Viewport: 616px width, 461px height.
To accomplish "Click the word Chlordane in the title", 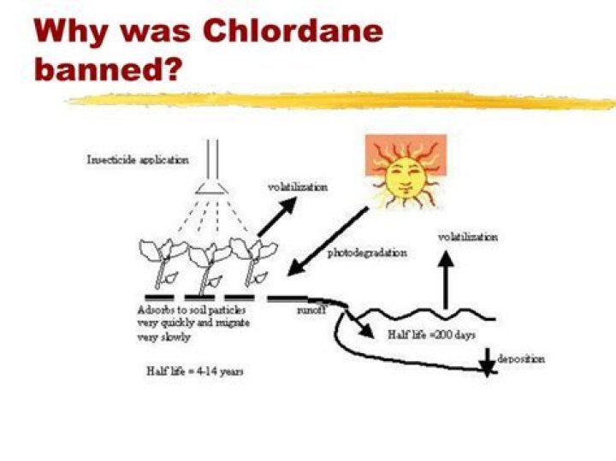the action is coord(293,31).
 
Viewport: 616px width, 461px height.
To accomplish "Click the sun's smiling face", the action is coord(406,178).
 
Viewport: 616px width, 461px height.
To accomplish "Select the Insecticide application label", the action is coord(138,160).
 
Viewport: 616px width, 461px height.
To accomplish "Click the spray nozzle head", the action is coord(212,187).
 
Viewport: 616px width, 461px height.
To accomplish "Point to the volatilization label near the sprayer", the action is coord(298,187).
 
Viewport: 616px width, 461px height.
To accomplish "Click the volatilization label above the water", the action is coord(467,237).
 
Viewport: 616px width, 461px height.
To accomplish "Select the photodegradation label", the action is coord(367,253).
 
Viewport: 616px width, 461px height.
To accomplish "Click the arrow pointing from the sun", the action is coord(328,241).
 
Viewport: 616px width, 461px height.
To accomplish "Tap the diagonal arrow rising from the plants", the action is coord(277,216).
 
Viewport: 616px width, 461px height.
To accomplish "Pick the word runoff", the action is coord(311,310).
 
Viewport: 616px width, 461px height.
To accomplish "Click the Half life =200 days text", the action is coord(432,335).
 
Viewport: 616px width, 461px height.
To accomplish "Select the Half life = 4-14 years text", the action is coord(195,371).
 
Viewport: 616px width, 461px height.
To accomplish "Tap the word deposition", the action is coord(521,358).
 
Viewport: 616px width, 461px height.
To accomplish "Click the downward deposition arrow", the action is coord(487,363).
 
